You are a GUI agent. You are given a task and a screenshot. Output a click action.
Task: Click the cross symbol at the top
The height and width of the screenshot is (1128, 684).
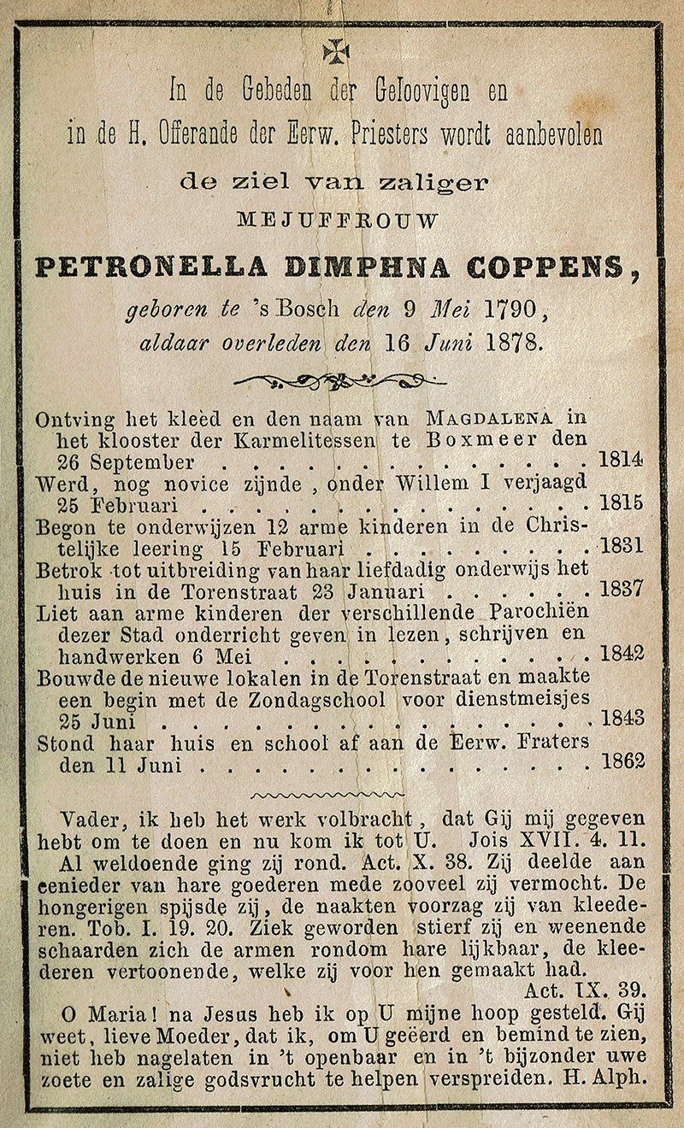tap(336, 52)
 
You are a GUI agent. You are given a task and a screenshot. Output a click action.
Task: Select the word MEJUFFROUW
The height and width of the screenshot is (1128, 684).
tap(338, 220)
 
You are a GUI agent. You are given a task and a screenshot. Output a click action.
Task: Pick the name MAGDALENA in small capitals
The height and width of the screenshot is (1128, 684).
tap(488, 419)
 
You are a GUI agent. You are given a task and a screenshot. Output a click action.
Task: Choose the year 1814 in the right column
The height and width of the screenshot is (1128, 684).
tap(622, 460)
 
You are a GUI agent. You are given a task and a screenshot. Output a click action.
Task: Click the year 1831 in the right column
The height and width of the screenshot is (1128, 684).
tap(622, 545)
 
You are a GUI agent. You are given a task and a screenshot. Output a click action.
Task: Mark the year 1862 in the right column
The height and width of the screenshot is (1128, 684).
tap(622, 761)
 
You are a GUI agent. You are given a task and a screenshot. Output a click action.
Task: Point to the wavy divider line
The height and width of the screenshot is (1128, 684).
tap(339, 795)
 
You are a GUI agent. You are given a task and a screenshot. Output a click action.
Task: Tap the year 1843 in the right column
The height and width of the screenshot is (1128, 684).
tap(622, 719)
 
